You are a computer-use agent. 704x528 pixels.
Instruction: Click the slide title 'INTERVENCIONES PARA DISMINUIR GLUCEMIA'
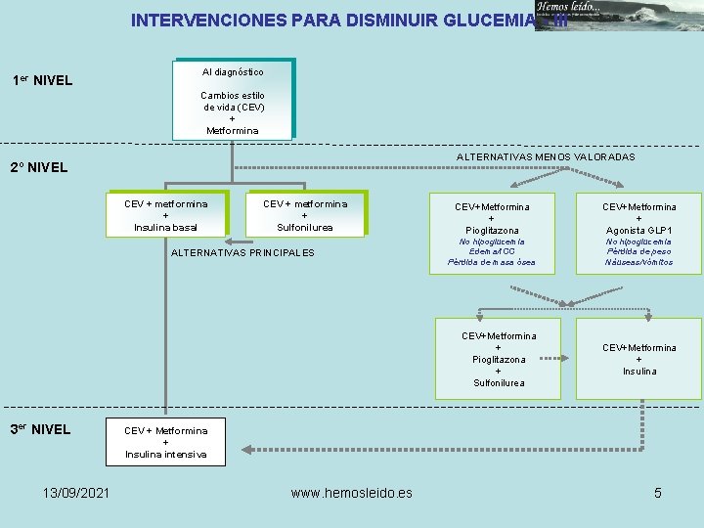coord(332,20)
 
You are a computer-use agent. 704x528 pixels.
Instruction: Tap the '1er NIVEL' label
coord(42,80)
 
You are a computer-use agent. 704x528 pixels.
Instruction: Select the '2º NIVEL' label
coord(39,167)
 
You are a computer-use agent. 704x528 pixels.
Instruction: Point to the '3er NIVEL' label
coord(40,428)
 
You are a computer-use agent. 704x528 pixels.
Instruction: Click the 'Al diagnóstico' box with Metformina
coord(233,99)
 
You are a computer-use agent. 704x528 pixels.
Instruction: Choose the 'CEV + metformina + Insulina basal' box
coord(166,215)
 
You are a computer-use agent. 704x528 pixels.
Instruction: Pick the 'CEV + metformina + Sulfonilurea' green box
coord(305,215)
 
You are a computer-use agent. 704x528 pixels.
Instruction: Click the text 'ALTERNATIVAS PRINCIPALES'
coord(242,253)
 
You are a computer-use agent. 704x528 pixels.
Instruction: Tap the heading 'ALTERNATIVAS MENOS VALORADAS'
coord(546,157)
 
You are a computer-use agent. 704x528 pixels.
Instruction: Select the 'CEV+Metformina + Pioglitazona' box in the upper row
coord(492,218)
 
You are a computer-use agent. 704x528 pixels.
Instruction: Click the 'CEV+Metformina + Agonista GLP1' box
coord(638,218)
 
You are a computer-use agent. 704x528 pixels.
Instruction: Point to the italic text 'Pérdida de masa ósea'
coord(492,262)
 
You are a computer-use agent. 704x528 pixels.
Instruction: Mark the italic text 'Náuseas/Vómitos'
coord(638,262)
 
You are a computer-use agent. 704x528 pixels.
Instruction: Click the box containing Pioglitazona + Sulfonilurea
coord(499,359)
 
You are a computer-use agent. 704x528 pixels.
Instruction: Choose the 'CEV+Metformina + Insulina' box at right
coord(638,359)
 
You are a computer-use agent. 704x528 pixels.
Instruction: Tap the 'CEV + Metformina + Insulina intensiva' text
coord(166,442)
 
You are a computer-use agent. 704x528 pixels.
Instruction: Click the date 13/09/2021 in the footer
coord(76,493)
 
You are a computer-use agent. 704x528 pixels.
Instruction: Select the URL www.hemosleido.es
coord(352,493)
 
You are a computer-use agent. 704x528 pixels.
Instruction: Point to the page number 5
coord(658,493)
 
